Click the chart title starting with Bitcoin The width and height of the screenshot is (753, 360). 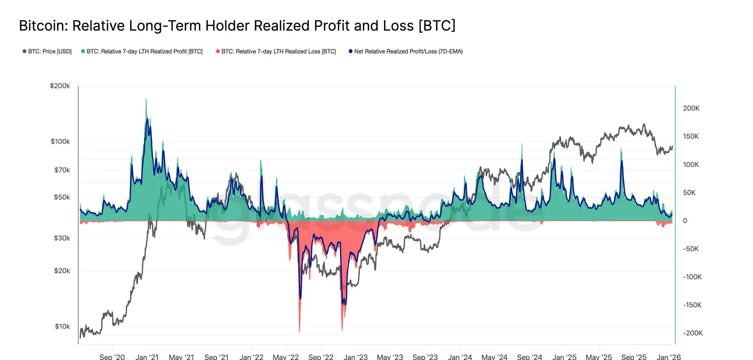[x=237, y=25]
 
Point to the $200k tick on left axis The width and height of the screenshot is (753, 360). [x=60, y=86]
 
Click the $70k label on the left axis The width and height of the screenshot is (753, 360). [x=62, y=170]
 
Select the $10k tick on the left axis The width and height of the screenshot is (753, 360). [x=62, y=326]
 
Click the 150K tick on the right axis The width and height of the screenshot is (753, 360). [x=691, y=136]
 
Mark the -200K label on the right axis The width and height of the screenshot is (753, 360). [x=693, y=333]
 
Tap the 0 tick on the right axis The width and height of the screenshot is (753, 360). [x=685, y=221]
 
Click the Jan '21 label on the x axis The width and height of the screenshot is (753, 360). [x=147, y=357]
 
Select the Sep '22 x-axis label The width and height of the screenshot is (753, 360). [x=320, y=357]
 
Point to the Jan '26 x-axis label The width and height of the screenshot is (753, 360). [x=668, y=357]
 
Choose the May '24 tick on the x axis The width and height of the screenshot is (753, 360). [x=494, y=357]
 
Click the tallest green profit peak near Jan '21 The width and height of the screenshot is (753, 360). [x=146, y=99]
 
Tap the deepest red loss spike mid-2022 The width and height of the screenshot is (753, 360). [x=299, y=331]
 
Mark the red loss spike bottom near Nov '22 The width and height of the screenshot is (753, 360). [x=342, y=329]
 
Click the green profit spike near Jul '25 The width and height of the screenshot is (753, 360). [x=621, y=150]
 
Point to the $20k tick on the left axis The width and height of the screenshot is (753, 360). [x=62, y=271]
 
